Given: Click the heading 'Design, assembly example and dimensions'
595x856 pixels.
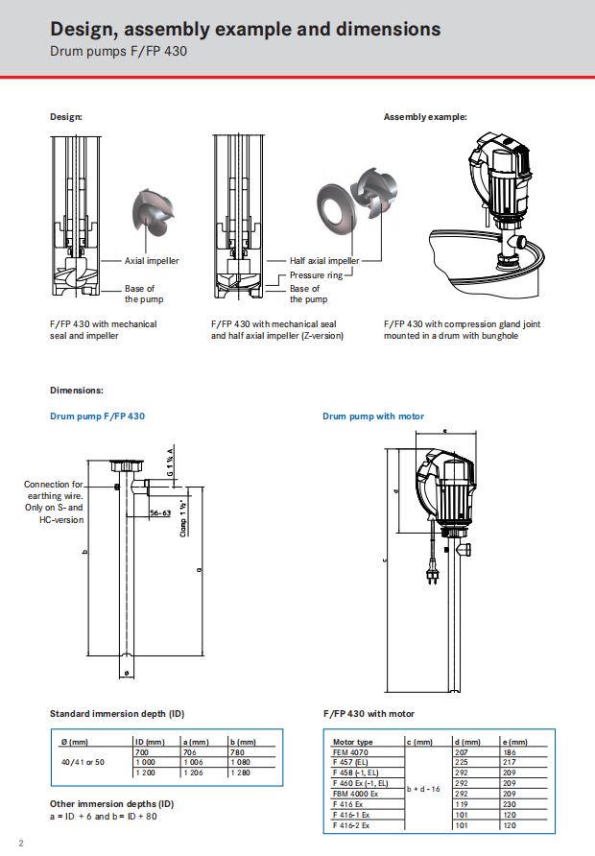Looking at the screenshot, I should pyautogui.click(x=245, y=29).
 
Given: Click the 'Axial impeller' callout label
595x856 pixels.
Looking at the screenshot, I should pyautogui.click(x=152, y=260).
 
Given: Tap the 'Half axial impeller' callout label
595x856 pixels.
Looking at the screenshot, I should pyautogui.click(x=324, y=260).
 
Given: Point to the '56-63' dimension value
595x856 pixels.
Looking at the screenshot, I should pyautogui.click(x=160, y=513).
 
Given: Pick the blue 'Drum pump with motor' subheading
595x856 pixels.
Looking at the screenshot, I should pyautogui.click(x=373, y=416).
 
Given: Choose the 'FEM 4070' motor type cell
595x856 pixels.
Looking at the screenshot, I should pyautogui.click(x=349, y=753).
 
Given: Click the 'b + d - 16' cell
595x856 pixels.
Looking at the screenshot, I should pyautogui.click(x=423, y=789).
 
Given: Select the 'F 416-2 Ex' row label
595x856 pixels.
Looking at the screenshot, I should pyautogui.click(x=352, y=824).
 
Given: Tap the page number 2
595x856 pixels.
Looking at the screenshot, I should pyautogui.click(x=20, y=843).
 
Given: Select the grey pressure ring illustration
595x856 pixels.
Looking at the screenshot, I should pyautogui.click(x=336, y=205).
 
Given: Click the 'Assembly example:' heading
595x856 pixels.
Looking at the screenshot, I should pyautogui.click(x=425, y=117).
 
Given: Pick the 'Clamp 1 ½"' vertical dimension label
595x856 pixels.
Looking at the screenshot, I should pyautogui.click(x=182, y=518).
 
